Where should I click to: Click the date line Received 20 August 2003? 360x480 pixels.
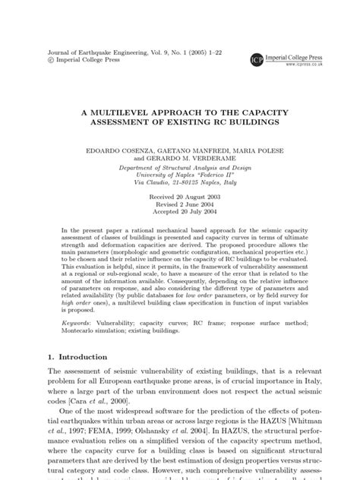click(180, 196)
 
